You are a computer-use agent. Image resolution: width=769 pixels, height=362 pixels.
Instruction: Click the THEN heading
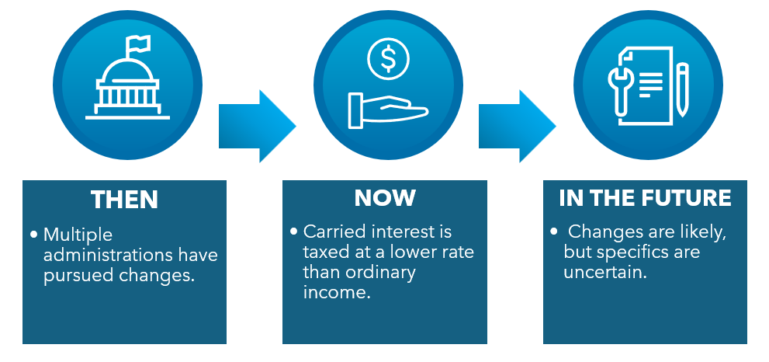[x=124, y=200]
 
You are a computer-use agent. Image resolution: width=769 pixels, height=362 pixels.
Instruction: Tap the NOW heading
[x=385, y=198]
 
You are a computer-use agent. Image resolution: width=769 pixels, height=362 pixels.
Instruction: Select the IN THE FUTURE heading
[x=645, y=198]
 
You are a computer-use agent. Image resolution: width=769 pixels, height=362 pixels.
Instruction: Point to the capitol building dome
[x=127, y=75]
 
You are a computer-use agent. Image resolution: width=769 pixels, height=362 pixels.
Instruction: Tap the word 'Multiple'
[x=78, y=235]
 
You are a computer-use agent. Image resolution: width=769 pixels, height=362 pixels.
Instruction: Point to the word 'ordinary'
[x=383, y=272]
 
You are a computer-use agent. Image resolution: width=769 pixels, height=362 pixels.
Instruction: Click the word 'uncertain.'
[x=605, y=271]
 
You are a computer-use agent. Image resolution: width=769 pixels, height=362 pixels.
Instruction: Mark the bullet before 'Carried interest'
[x=294, y=231]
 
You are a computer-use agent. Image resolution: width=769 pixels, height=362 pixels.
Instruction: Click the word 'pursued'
[x=76, y=274]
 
